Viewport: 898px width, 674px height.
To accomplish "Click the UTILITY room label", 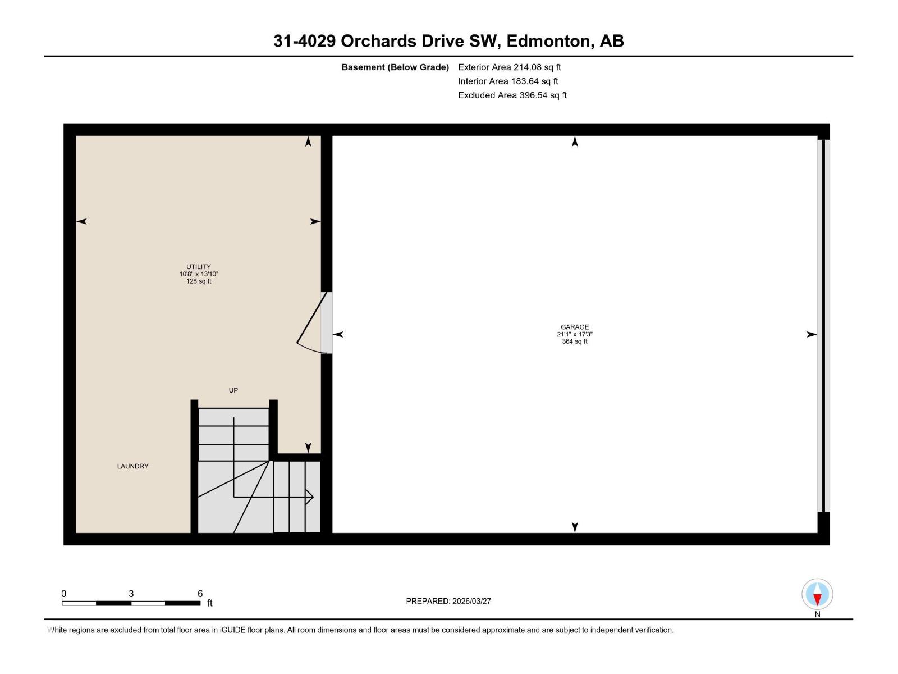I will (199, 267).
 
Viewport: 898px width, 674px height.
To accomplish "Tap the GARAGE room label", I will (574, 327).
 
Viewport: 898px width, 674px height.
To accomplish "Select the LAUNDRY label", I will (132, 466).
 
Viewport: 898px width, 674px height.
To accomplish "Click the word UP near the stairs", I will (233, 390).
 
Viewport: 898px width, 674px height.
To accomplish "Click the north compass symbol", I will (817, 594).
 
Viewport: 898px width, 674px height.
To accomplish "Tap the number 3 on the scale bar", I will (131, 594).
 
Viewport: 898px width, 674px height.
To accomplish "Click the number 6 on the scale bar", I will (200, 594).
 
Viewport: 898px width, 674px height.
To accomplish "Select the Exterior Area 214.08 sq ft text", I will (509, 67).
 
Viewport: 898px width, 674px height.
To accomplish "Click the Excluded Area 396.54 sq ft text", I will (512, 95).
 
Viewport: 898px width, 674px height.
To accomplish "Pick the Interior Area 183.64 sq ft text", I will (507, 81).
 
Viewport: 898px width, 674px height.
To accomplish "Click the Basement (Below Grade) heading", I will (395, 67).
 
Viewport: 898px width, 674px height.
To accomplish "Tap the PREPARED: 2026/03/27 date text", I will (448, 601).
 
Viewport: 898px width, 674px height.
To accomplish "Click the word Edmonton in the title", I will (549, 41).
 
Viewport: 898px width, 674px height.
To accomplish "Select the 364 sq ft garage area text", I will (574, 341).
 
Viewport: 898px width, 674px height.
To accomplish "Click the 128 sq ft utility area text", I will (199, 281).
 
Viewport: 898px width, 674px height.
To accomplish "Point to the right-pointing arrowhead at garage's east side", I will (812, 334).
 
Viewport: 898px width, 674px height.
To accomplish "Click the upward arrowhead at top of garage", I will (575, 142).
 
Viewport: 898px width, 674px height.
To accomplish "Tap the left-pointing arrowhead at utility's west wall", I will (81, 221).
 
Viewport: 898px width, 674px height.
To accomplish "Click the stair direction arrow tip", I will (312, 497).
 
